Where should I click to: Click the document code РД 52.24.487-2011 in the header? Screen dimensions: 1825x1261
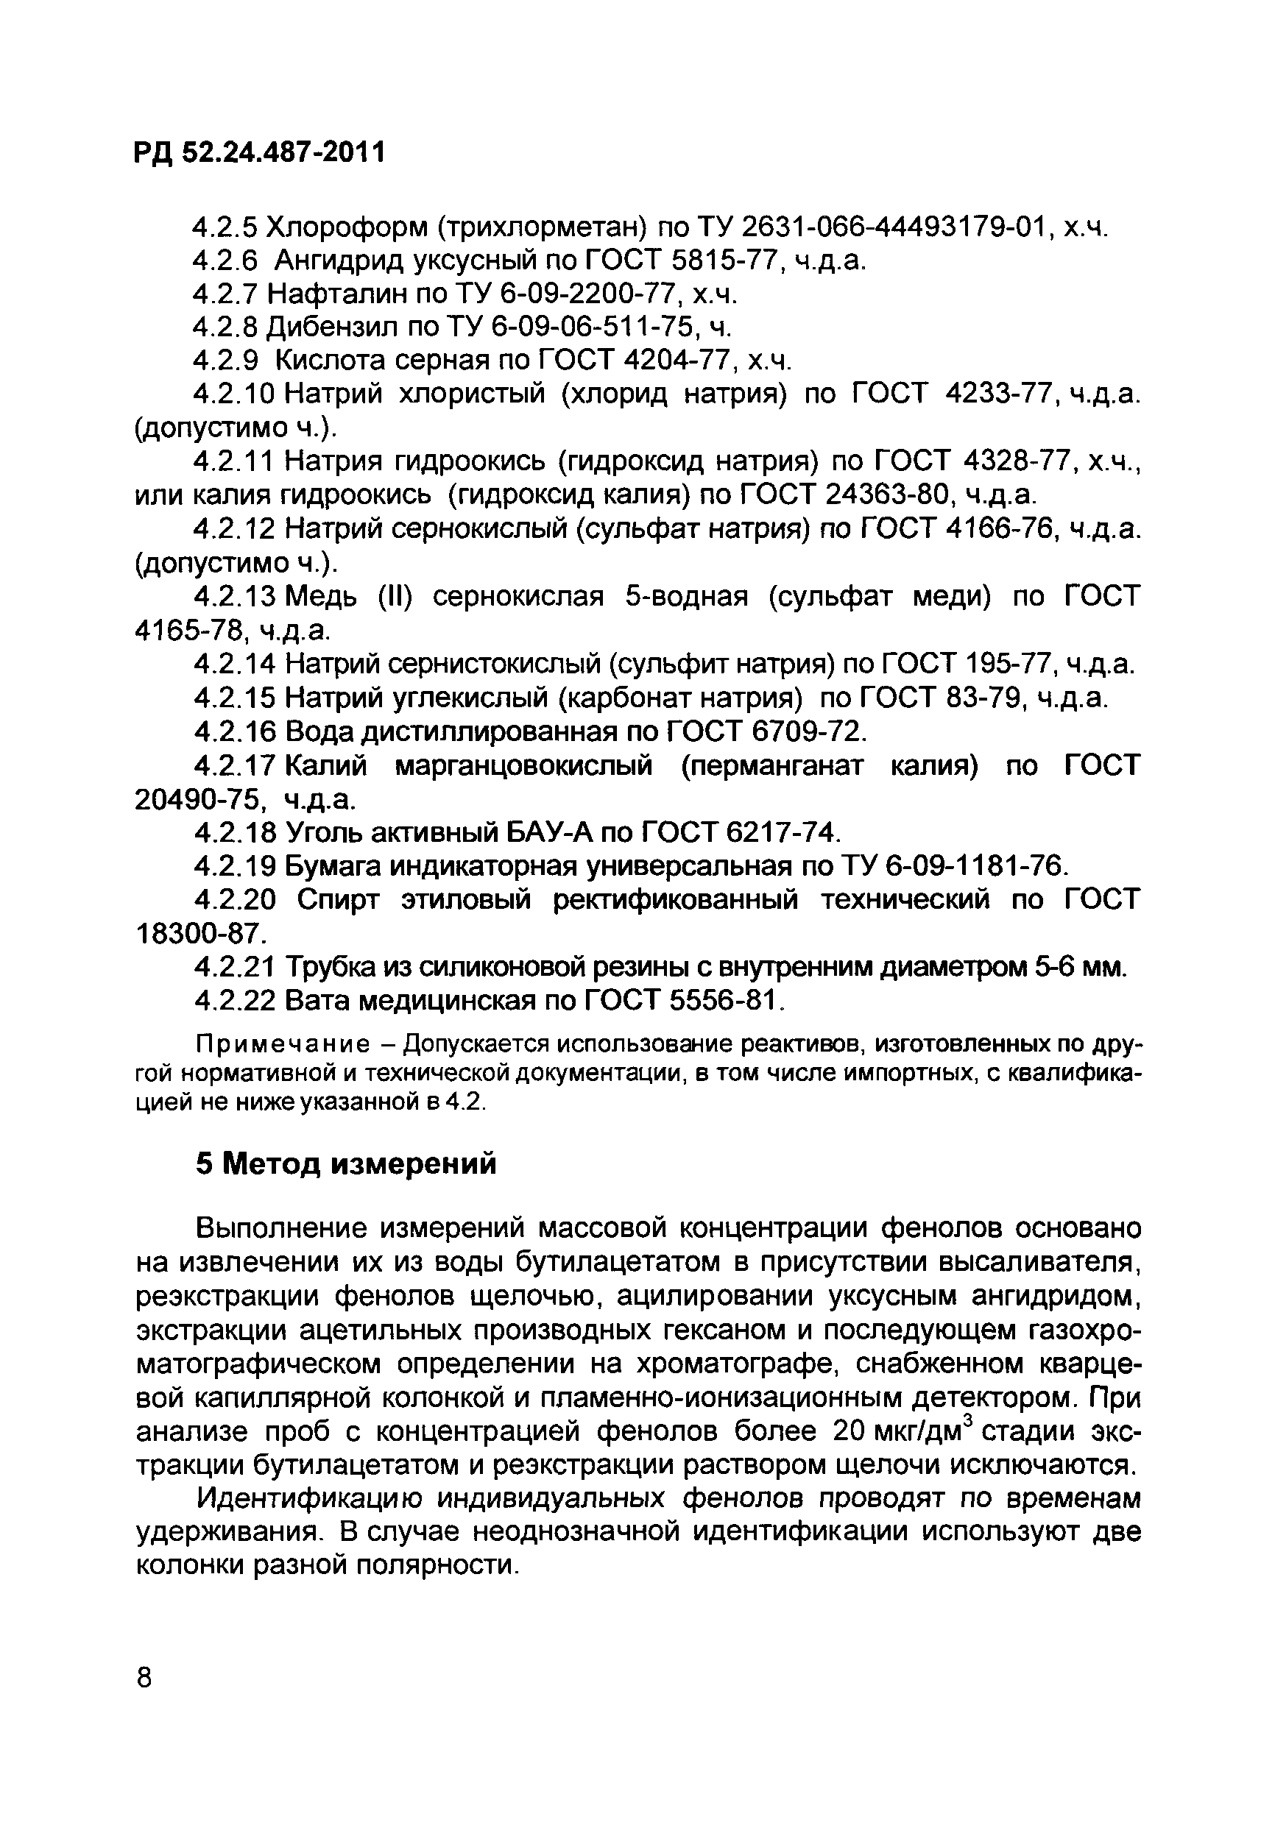tap(260, 152)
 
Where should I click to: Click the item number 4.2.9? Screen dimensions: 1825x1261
tap(226, 361)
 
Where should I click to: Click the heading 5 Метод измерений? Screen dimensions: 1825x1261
tap(346, 1163)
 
